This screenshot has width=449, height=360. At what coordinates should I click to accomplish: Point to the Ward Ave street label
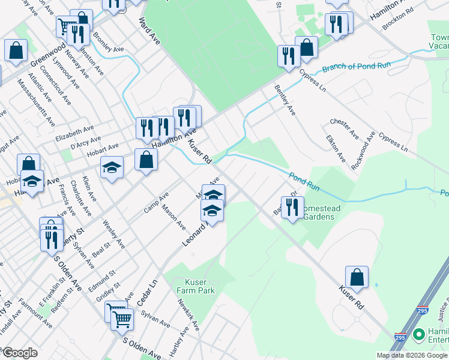click(x=149, y=31)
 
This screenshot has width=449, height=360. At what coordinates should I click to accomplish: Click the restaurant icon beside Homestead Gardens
click(x=292, y=208)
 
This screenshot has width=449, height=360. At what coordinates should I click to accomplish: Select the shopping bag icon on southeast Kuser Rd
click(x=357, y=277)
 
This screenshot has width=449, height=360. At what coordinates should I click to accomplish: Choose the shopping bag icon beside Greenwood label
click(x=16, y=51)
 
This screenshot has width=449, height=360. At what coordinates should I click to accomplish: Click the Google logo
click(x=20, y=353)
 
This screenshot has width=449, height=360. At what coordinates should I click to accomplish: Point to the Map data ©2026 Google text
click(x=411, y=355)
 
